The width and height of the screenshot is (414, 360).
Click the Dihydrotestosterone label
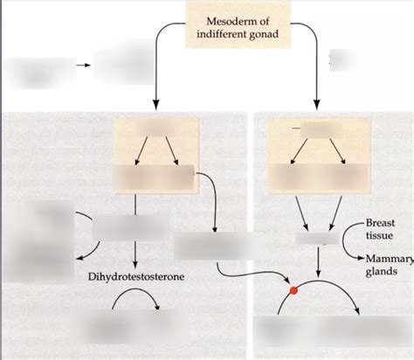point(135,277)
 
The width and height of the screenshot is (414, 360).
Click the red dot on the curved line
point(293,290)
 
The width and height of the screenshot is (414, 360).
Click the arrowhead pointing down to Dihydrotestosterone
point(135,264)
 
